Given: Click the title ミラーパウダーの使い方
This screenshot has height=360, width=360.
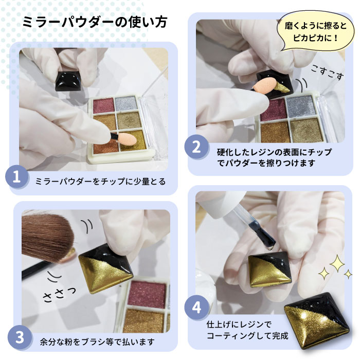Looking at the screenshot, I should point(96,24).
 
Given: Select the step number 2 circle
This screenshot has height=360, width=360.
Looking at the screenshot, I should point(196,148).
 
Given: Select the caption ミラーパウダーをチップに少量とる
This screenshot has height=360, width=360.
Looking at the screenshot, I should point(100,182).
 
